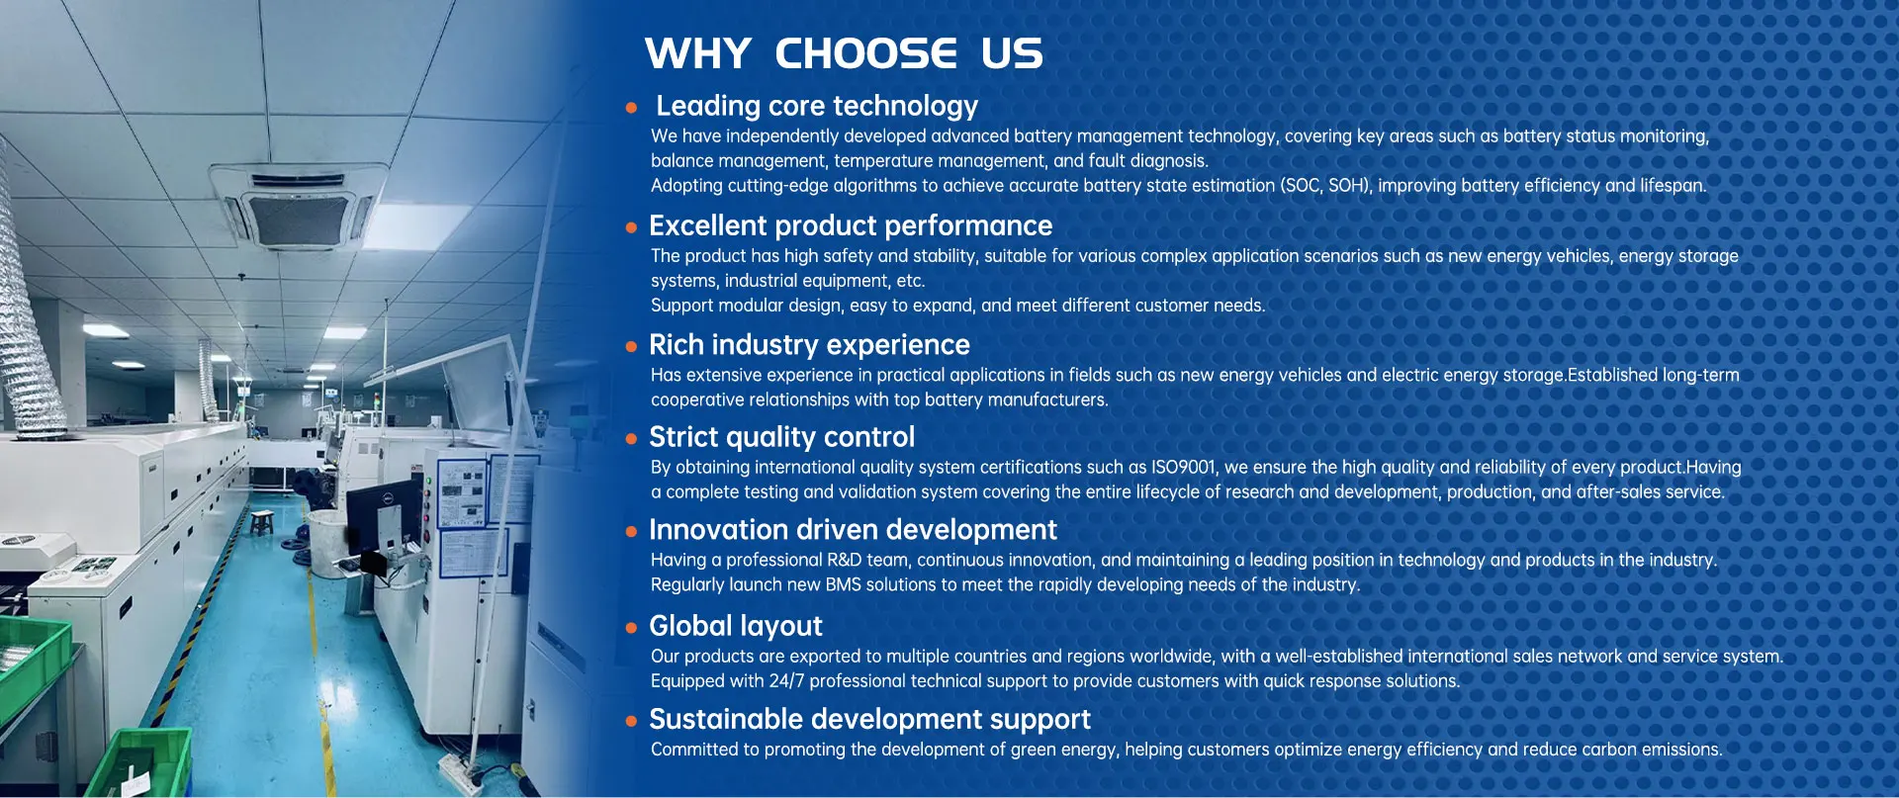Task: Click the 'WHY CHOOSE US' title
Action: point(844,53)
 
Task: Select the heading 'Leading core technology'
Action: point(817,106)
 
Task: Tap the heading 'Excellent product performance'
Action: point(851,225)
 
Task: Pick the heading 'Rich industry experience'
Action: point(809,344)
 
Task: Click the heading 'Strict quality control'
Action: point(781,437)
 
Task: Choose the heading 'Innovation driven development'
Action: point(853,529)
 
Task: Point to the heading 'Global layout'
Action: point(736,626)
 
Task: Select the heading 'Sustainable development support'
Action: point(869,719)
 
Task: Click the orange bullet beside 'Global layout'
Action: point(631,628)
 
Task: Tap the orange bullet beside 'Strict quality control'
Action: point(631,439)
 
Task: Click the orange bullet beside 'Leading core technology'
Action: point(631,108)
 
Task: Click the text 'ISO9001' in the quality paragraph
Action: point(1183,467)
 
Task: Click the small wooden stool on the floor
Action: point(262,521)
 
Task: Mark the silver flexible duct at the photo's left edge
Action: point(24,297)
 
